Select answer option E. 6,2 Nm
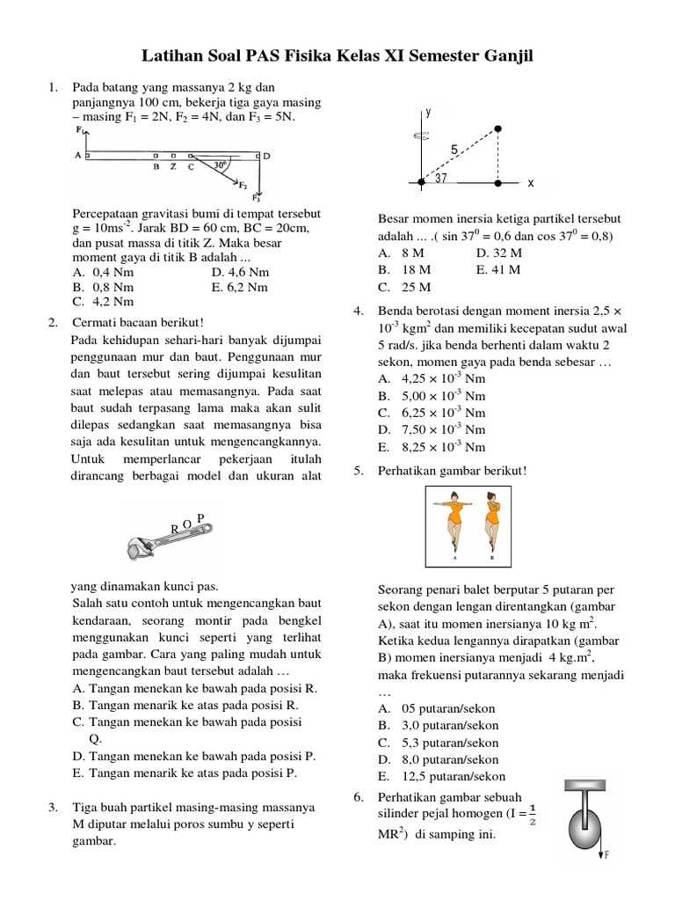pos(240,287)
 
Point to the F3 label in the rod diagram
pos(257,197)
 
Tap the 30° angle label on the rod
pos(220,165)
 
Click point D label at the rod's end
pos(267,156)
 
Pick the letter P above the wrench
pos(200,518)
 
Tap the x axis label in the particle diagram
pos(531,184)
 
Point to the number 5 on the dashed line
pos(454,150)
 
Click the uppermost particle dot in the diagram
pos(498,128)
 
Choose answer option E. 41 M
pos(498,270)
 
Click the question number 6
pos(359,797)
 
